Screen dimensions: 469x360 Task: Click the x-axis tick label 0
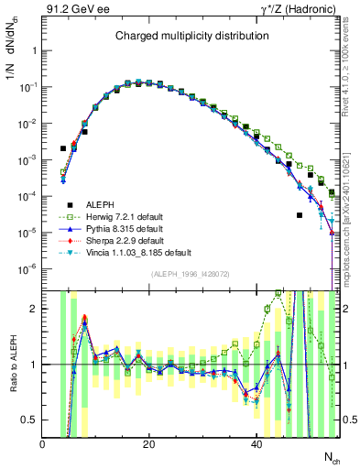click(x=43, y=443)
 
